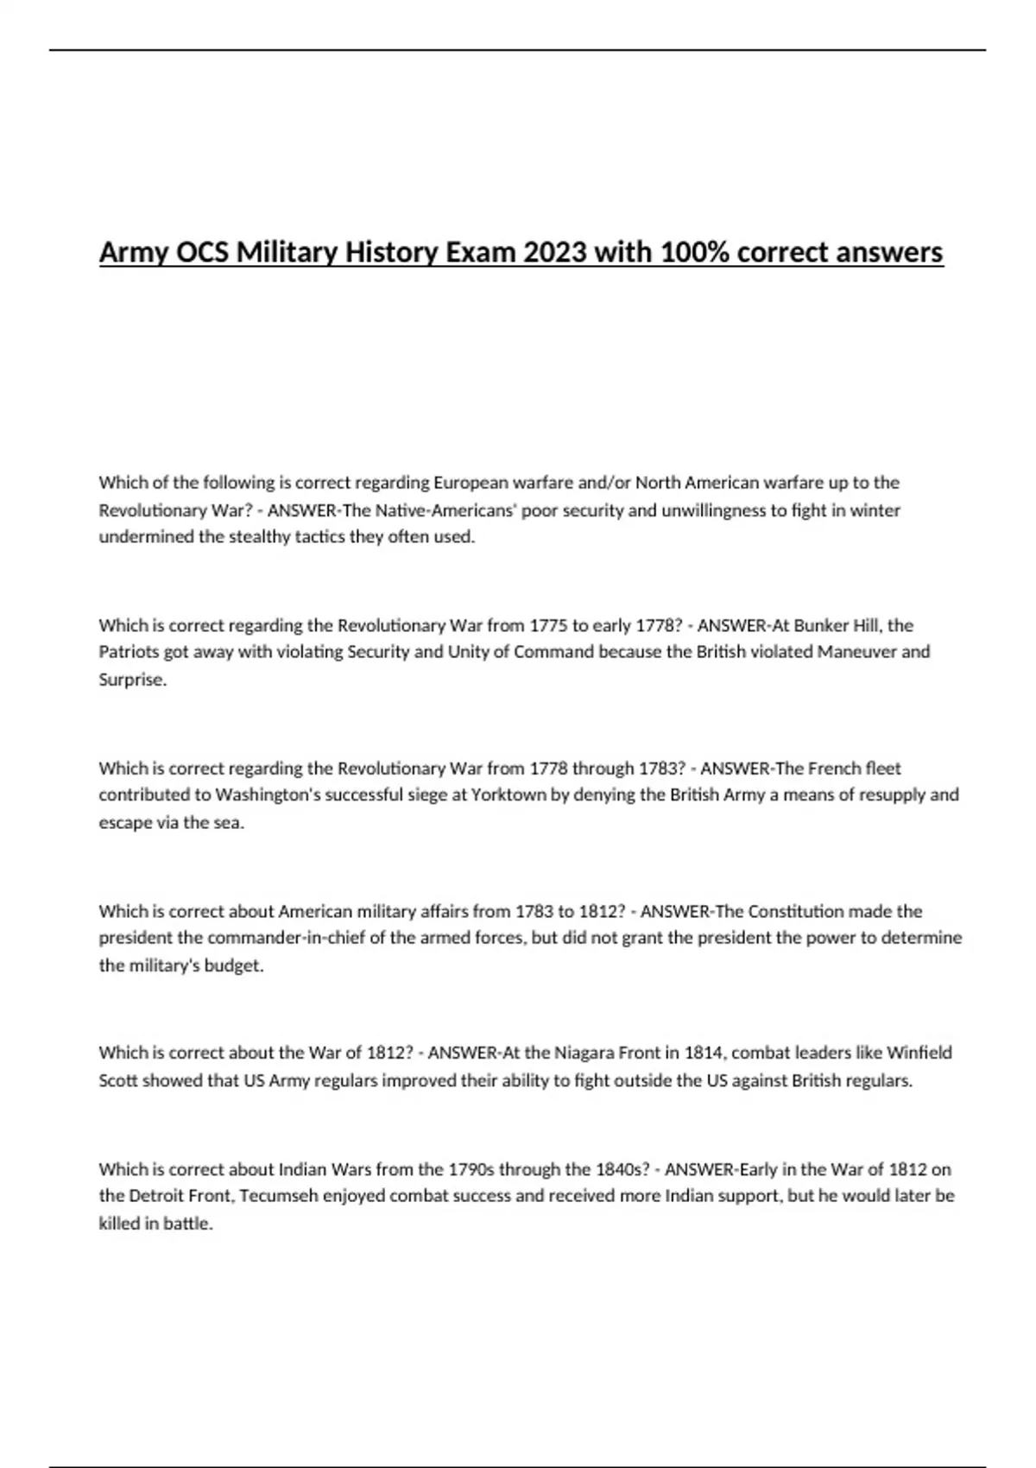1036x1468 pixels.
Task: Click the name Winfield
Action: (x=919, y=1053)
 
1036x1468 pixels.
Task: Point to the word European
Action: (x=474, y=483)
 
